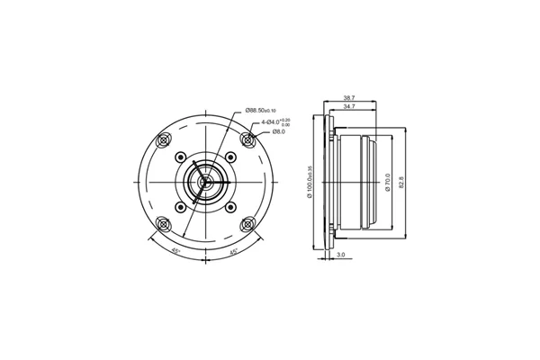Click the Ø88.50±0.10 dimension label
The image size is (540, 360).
(x=267, y=111)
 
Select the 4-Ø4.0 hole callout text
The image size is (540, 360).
(x=274, y=121)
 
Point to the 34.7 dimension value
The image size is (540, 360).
(x=351, y=106)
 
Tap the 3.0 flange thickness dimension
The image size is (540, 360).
(x=341, y=256)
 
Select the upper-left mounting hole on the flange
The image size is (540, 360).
(x=163, y=141)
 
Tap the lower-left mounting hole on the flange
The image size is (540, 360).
(x=163, y=225)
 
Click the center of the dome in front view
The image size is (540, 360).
(x=206, y=184)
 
